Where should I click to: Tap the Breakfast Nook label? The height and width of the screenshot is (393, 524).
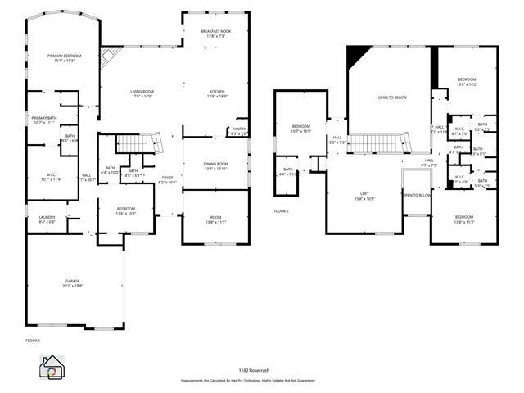tap(215, 34)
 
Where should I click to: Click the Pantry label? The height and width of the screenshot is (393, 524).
tap(238, 131)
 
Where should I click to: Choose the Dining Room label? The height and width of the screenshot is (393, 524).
tap(215, 166)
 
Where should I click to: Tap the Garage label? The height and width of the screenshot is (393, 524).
tap(74, 284)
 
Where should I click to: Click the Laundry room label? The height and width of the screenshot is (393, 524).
tap(47, 219)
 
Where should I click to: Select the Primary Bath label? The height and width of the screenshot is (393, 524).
tap(43, 120)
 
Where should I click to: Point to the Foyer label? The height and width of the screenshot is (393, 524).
tap(166, 179)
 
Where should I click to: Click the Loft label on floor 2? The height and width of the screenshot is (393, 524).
tap(364, 196)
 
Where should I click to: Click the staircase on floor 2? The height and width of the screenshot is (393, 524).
tap(378, 146)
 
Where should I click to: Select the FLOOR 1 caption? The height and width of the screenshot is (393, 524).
tap(33, 339)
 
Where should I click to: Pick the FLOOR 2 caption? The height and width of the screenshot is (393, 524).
tap(282, 210)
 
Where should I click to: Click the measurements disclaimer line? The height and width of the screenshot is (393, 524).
tap(248, 381)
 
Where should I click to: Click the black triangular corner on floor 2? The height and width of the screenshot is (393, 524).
tap(355, 56)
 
